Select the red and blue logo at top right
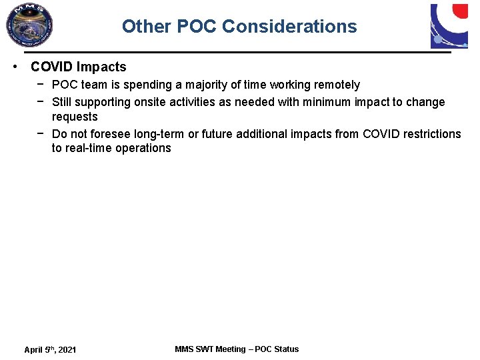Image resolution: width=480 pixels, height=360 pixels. (x=449, y=25)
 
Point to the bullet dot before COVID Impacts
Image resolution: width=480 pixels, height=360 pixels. (x=14, y=67)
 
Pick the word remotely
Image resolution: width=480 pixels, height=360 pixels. (x=337, y=85)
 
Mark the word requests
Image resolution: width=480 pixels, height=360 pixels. (x=75, y=117)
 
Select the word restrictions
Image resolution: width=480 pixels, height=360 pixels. (x=430, y=134)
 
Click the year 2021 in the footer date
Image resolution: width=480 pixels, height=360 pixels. (x=66, y=350)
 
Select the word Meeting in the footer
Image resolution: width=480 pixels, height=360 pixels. (x=230, y=349)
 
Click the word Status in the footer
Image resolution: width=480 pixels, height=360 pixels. (x=286, y=349)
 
